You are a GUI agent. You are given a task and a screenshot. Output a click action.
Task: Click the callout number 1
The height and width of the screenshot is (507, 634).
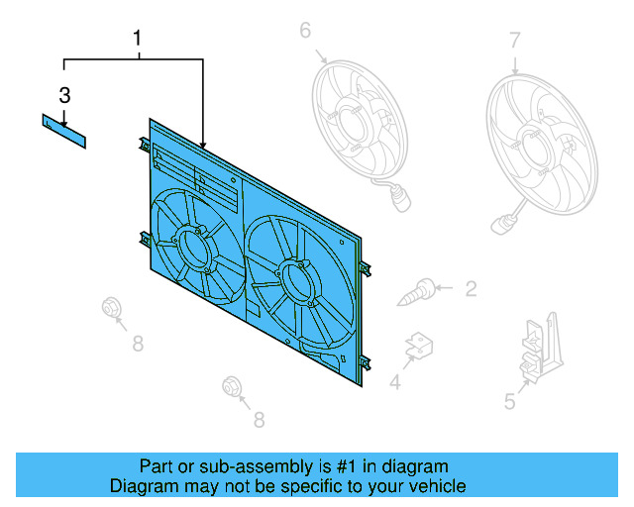click(138, 39)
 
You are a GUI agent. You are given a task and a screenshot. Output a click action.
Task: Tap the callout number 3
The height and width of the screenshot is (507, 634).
click(64, 96)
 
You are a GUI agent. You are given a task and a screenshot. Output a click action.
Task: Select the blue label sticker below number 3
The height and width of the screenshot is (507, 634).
click(63, 131)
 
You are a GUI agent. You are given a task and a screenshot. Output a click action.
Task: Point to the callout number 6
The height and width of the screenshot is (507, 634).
click(305, 31)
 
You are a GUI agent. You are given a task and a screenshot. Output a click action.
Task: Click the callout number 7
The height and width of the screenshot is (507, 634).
click(514, 41)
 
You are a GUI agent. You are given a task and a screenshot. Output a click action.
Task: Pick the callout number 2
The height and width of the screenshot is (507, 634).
click(471, 289)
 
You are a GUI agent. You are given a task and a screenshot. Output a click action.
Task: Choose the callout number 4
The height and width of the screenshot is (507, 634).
click(394, 382)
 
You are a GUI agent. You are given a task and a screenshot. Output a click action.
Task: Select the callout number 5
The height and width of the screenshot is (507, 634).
click(510, 401)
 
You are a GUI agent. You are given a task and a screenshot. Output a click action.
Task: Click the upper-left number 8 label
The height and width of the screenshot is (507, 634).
click(138, 344)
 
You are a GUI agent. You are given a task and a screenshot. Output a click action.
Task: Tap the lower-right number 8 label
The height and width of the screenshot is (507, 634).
click(259, 420)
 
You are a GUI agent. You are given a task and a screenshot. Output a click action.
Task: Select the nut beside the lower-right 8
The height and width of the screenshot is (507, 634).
click(234, 385)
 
